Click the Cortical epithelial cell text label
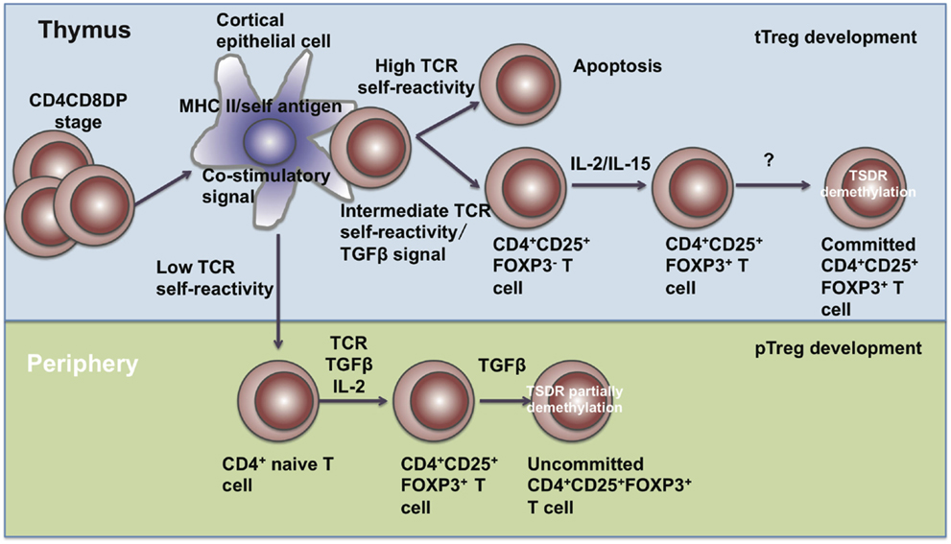[x=273, y=30]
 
